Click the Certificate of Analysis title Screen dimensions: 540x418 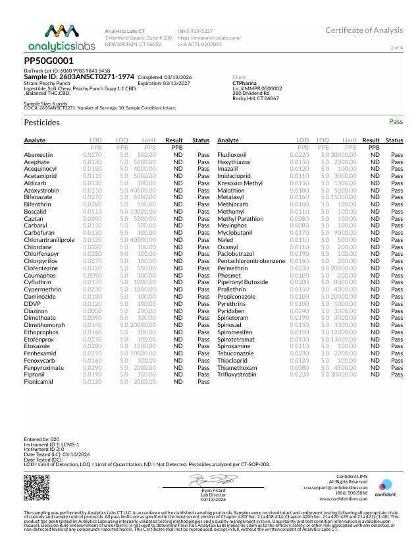point(363,30)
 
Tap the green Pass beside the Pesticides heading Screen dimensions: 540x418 point(396,122)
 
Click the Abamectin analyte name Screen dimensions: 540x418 point(38,154)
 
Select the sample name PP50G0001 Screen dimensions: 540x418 point(49,60)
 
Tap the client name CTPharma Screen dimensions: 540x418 point(245,83)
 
